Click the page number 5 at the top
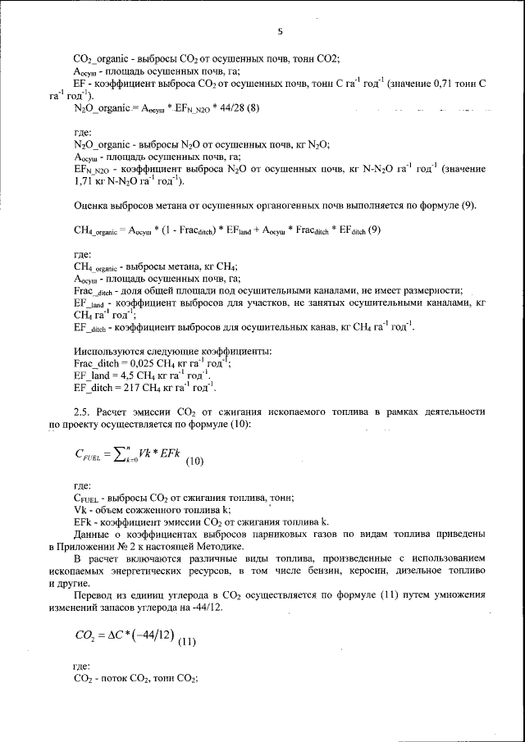(280, 32)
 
